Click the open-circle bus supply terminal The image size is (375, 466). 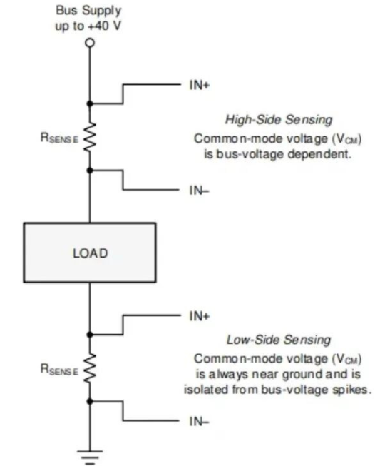tap(90, 43)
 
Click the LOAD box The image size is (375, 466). tap(90, 253)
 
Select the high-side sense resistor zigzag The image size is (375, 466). tap(90, 138)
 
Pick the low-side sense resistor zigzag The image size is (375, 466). tap(90, 368)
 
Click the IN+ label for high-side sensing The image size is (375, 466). tap(199, 86)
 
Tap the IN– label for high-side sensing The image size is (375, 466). tap(199, 191)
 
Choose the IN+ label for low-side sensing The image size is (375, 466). tap(199, 316)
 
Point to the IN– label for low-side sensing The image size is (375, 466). tap(199, 421)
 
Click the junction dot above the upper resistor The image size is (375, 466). tap(90, 103)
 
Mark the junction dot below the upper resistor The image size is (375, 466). tap(90, 171)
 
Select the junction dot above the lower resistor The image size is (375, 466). tap(90, 335)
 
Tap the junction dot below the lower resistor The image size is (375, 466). tap(90, 402)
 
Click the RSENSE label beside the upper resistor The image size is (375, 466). tap(59, 138)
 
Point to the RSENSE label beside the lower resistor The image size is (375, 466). tap(59, 370)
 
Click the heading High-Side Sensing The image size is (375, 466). tap(279, 120)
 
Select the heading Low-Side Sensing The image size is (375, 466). tap(279, 340)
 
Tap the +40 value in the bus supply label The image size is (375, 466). tap(98, 26)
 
